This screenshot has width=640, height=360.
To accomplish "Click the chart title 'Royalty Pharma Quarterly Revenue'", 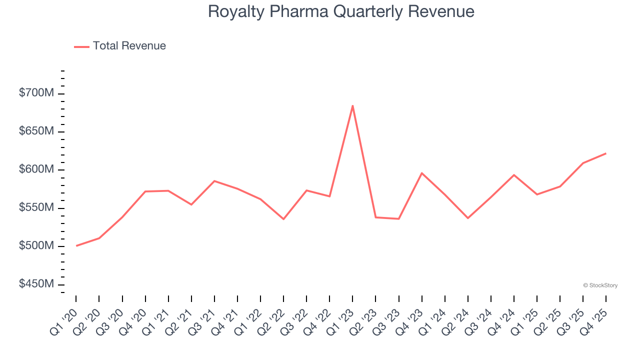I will click(x=341, y=11).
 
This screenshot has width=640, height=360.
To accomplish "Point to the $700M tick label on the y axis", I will click(x=36, y=93).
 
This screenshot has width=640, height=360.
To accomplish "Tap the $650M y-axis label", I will click(x=36, y=131).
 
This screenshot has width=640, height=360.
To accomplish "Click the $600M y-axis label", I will click(x=36, y=169).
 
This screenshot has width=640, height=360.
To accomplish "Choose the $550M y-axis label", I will click(x=36, y=207).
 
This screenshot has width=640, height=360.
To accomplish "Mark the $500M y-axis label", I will click(x=36, y=246).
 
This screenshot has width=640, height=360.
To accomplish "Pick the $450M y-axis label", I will click(x=36, y=284).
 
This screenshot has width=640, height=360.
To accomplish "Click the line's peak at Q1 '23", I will click(x=352, y=105).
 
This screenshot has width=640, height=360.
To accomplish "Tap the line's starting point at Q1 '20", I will click(x=76, y=245).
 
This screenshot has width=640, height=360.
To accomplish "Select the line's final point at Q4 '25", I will click(x=606, y=153).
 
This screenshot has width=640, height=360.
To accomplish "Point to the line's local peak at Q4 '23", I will click(x=421, y=173).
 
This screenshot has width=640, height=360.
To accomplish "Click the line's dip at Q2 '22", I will click(x=283, y=219).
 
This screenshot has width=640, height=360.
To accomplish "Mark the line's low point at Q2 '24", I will click(x=468, y=218).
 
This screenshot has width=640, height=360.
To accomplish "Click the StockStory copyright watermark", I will click(x=600, y=285).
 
